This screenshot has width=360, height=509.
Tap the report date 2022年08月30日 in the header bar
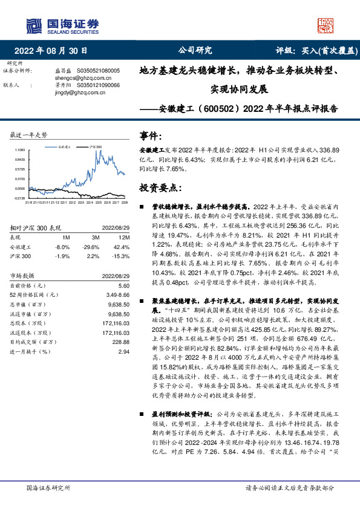coord(55,51)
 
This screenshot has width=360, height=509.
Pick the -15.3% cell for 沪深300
coord(121,256)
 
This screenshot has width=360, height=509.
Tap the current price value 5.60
coord(124,285)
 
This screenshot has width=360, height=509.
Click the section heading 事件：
coord(151,136)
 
